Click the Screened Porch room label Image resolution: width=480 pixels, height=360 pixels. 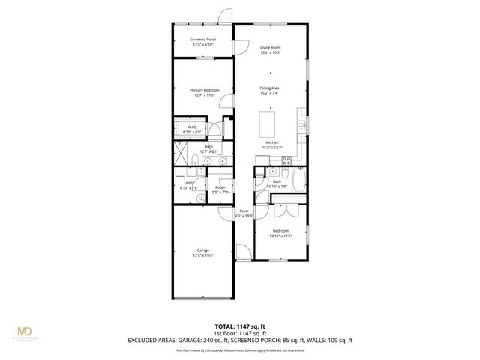coord(202,41)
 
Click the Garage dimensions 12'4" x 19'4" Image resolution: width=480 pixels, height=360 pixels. coord(203,255)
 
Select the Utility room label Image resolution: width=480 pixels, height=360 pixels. coord(189,184)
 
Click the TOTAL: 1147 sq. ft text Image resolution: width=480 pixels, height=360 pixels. coord(240,326)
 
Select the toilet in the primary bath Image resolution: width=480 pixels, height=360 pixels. coord(193,158)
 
